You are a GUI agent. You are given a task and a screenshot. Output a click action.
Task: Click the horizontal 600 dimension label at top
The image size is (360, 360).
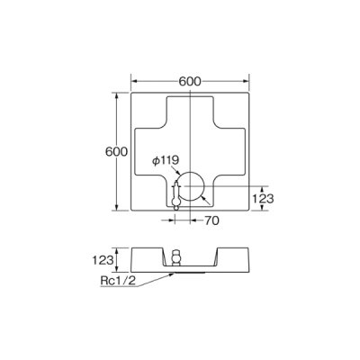click(189, 81)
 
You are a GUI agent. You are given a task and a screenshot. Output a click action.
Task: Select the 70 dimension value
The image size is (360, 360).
click(212, 220)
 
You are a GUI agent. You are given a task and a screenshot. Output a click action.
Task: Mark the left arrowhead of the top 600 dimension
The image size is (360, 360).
click(134, 81)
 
